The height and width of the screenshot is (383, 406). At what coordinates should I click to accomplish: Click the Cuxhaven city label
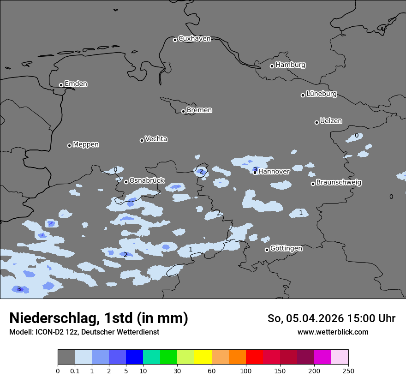click(x=194, y=39)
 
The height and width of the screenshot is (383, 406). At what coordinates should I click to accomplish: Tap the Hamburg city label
click(x=290, y=65)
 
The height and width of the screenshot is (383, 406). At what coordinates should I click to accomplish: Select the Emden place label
click(x=76, y=84)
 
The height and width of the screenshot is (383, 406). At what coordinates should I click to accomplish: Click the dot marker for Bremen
click(x=183, y=111)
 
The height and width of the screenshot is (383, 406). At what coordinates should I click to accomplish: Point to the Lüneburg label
click(x=321, y=94)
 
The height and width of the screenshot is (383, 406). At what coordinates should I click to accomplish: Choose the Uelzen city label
click(x=331, y=121)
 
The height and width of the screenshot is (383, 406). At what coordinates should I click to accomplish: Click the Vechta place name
click(x=156, y=139)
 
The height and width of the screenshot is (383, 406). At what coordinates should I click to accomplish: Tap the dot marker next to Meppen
click(x=69, y=145)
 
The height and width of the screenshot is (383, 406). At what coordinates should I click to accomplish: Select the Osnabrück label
click(x=147, y=181)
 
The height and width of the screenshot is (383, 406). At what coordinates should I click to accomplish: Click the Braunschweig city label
click(x=339, y=183)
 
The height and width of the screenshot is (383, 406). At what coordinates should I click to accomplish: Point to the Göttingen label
click(x=286, y=249)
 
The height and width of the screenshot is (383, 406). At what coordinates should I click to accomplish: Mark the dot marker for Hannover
click(x=255, y=173)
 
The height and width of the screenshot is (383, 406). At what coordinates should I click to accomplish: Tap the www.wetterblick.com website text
click(x=333, y=332)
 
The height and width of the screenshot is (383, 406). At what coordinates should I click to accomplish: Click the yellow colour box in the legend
click(x=203, y=357)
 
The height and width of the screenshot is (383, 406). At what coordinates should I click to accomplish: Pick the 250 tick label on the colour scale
click(x=348, y=371)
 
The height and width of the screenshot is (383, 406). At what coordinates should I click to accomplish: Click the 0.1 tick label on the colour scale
click(x=74, y=371)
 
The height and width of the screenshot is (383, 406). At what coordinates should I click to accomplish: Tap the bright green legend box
click(x=169, y=357)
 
